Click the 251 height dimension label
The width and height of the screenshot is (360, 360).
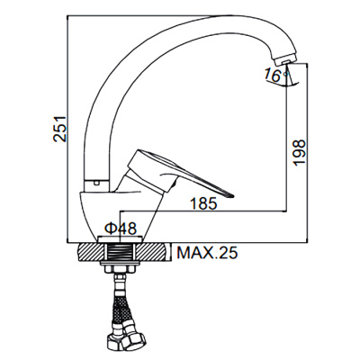(60, 128)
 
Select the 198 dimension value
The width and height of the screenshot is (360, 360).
(299, 152)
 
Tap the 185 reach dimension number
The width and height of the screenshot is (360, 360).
(203, 204)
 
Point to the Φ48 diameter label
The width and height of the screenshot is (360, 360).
(121, 229)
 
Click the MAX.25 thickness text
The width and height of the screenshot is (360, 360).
(207, 253)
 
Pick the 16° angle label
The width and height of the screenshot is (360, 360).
(273, 76)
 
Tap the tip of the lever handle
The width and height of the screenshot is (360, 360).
(231, 195)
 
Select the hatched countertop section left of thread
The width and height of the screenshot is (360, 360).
(92, 253)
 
